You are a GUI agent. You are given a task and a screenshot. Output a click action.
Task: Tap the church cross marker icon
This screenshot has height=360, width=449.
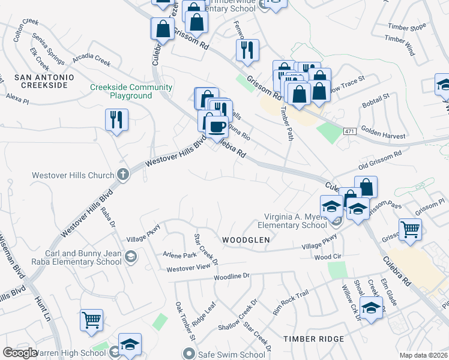point(122,175)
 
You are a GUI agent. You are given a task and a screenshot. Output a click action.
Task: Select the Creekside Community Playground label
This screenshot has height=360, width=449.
point(131,91)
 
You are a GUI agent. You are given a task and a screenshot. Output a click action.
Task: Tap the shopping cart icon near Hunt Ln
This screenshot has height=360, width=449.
point(91,320)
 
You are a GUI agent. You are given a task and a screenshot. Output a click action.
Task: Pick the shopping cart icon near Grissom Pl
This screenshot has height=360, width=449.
point(410,229)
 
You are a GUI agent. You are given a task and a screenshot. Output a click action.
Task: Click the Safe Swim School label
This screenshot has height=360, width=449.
point(232,355)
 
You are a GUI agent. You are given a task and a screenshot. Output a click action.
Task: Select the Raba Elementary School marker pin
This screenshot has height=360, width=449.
point(130,257)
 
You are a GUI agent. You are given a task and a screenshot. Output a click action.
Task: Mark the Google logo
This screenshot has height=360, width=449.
point(20,353)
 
